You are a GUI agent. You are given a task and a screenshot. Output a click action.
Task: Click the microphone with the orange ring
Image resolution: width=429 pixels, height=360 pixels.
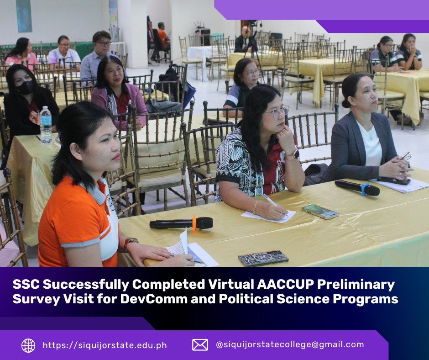tap(181, 223)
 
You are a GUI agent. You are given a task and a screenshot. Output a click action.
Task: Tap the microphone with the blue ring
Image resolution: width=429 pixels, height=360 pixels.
tap(357, 188)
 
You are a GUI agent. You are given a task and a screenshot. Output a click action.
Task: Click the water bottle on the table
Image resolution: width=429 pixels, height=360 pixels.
tap(46, 125)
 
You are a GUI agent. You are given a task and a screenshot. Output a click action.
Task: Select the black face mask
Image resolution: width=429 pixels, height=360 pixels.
tap(25, 87)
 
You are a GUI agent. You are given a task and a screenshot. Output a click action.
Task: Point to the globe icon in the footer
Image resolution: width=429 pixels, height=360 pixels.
tap(28, 345)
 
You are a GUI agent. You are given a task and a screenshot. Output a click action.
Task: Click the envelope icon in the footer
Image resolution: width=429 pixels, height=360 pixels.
tap(200, 345)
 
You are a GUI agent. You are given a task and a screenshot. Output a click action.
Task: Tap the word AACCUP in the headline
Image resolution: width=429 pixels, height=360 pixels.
tap(285, 284)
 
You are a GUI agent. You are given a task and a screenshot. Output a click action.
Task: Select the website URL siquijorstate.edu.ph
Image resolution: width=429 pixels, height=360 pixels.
tap(105, 345)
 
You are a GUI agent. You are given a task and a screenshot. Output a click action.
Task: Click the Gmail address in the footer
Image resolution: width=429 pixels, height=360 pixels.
tap(290, 344)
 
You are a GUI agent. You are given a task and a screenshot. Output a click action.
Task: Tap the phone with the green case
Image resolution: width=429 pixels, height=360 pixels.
tap(320, 212)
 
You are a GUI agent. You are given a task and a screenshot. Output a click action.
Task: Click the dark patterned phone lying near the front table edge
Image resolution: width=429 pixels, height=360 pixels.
tap(263, 258)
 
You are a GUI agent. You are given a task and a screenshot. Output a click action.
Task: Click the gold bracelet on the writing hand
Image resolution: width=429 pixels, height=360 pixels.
tap(256, 207)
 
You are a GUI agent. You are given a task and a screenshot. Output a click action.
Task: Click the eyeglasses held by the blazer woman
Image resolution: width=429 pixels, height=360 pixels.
tap(406, 156)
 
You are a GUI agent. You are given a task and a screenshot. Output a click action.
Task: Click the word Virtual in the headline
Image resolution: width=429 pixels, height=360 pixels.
tap(231, 284)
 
